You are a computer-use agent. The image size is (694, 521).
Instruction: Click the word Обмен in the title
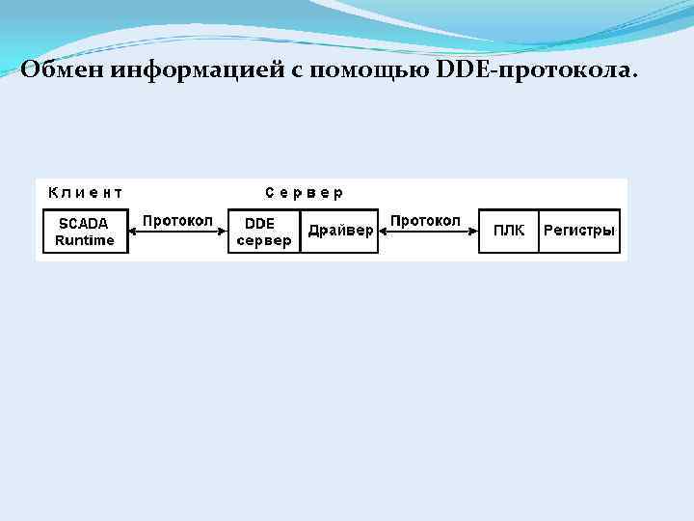tap(61, 69)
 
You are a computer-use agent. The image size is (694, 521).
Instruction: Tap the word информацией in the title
tap(194, 69)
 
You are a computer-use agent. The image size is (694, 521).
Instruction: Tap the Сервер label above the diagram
tap(305, 192)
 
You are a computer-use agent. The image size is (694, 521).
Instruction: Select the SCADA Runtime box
tap(85, 232)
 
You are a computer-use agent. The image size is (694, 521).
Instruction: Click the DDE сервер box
tap(262, 232)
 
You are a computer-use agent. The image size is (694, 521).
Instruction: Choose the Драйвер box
tap(340, 232)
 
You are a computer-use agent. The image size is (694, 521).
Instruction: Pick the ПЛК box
tap(509, 231)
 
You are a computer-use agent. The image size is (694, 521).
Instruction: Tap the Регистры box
tap(579, 231)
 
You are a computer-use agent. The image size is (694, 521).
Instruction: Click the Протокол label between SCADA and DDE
tap(178, 220)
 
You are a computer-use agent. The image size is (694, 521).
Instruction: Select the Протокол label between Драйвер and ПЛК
tap(425, 220)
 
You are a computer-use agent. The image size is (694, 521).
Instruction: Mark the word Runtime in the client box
tap(85, 240)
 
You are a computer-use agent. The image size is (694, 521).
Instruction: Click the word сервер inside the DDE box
tap(263, 241)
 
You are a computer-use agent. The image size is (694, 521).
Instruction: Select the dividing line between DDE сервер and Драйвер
tap(301, 232)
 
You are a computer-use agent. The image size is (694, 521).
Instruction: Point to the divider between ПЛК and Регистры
tap(538, 232)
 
